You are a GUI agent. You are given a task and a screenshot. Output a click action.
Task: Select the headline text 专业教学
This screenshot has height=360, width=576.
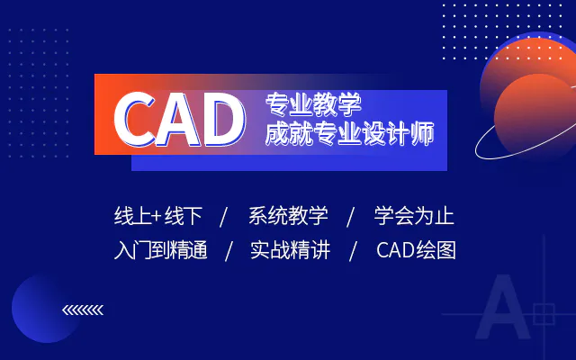pos(313,105)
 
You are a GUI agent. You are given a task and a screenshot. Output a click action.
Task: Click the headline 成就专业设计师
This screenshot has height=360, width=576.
pos(349,133)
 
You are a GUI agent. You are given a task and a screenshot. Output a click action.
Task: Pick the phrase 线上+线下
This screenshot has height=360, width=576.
pos(158,216)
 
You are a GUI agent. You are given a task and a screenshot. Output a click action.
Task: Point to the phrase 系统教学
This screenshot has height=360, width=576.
pos(288,216)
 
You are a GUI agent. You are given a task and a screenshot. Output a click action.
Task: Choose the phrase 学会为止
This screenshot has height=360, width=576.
pos(414,216)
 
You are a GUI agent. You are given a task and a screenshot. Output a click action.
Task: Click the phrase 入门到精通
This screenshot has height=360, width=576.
pos(160,250)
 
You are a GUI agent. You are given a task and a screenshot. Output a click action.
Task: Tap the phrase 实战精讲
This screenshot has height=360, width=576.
pos(290,250)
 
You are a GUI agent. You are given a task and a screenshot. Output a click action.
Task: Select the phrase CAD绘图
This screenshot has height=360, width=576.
pos(416,250)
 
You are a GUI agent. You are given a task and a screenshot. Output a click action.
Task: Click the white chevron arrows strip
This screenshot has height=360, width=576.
pos(83,310)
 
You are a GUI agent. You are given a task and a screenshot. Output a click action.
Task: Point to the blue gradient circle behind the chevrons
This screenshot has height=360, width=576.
pos(40,309)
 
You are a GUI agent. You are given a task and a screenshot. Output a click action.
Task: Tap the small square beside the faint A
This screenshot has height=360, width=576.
pos(544,314)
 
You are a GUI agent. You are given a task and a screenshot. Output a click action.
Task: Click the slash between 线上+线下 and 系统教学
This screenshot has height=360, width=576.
pos(224,217)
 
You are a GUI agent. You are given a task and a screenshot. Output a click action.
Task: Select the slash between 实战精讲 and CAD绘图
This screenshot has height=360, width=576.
pos(353,251)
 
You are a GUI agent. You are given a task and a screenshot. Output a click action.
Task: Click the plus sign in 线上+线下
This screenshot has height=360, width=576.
pos(156,216)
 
